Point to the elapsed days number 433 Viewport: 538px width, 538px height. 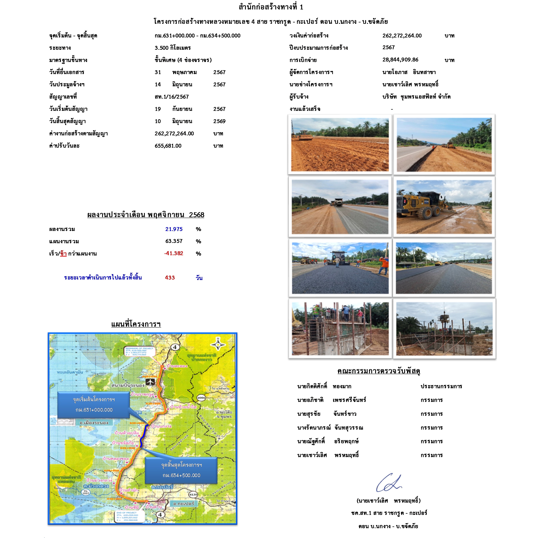(x=170, y=278)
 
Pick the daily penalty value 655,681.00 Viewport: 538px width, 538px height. (x=168, y=146)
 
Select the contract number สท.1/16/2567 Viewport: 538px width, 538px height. (x=171, y=97)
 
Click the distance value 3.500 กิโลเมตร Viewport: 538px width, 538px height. (x=173, y=48)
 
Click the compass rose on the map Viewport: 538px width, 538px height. (x=218, y=344)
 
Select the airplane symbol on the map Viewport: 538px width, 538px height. (x=151, y=381)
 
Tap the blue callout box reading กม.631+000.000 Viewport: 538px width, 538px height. (x=94, y=405)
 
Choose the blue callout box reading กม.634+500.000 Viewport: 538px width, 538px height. (x=181, y=470)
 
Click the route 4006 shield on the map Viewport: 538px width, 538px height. (x=201, y=398)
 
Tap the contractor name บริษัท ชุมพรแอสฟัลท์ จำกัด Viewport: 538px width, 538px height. (x=416, y=97)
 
